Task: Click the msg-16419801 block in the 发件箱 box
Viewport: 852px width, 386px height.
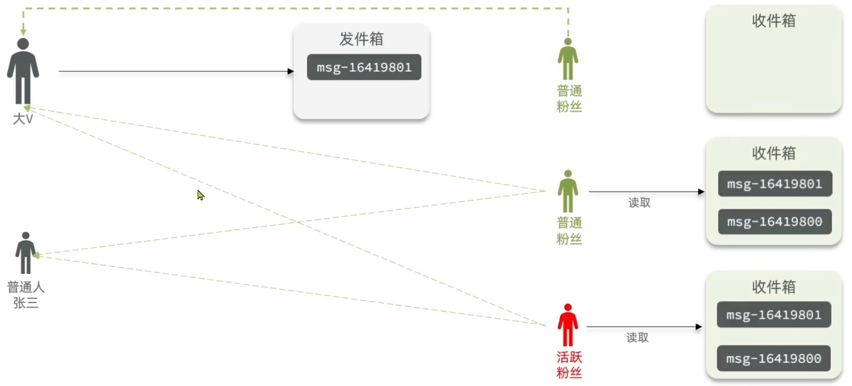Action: [x=364, y=67]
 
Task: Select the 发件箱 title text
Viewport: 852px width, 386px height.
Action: [x=361, y=39]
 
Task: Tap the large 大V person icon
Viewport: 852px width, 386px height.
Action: [x=23, y=71]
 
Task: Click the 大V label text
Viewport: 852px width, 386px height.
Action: [x=23, y=119]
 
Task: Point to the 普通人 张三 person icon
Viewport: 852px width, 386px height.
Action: [x=25, y=253]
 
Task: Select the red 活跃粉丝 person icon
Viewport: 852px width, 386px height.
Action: [x=568, y=325]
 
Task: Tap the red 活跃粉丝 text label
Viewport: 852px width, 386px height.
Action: [x=569, y=365]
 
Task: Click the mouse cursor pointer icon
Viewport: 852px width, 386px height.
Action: [x=200, y=195]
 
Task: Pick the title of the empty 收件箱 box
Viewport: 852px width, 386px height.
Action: [x=774, y=21]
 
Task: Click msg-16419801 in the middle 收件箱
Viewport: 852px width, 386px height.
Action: [x=775, y=184]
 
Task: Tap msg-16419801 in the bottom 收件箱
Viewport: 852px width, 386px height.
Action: [x=774, y=315]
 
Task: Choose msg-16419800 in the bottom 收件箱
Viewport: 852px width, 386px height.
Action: [x=774, y=358]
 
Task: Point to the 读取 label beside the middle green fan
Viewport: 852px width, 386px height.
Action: [x=639, y=203]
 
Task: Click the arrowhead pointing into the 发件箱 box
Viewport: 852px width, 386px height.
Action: [x=290, y=71]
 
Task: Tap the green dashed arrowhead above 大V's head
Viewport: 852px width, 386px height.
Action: [x=23, y=32]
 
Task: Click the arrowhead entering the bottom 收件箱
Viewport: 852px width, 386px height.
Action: [x=698, y=327]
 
